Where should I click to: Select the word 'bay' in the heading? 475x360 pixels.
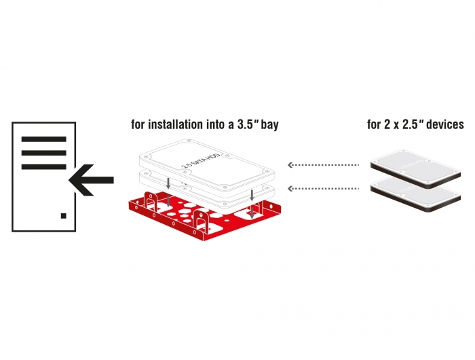click(271, 126)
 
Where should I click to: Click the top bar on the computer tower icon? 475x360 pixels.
click(44, 139)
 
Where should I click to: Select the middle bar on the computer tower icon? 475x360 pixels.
click(44, 153)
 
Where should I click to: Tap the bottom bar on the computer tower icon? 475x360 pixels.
click(44, 166)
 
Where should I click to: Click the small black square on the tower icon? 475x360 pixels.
click(64, 215)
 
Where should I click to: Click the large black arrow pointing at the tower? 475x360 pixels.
click(91, 180)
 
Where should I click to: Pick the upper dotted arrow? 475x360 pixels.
click(323, 165)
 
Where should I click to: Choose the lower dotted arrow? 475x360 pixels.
click(323, 189)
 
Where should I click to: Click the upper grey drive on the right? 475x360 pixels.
click(415, 168)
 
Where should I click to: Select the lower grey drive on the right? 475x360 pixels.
click(415, 194)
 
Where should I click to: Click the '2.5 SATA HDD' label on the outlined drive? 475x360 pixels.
click(201, 160)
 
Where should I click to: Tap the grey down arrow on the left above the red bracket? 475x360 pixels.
click(168, 183)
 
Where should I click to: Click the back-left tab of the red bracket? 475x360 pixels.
click(151, 200)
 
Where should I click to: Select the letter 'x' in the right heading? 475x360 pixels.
click(396, 126)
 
